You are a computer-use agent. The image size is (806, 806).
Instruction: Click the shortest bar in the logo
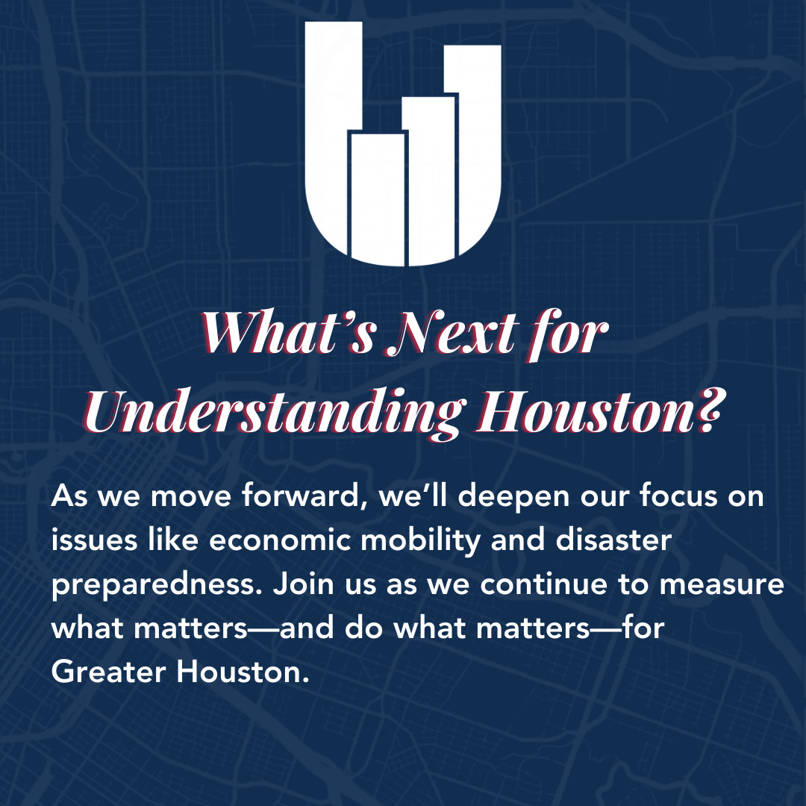coord(378,198)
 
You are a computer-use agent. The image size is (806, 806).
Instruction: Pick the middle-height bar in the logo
coord(429,179)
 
